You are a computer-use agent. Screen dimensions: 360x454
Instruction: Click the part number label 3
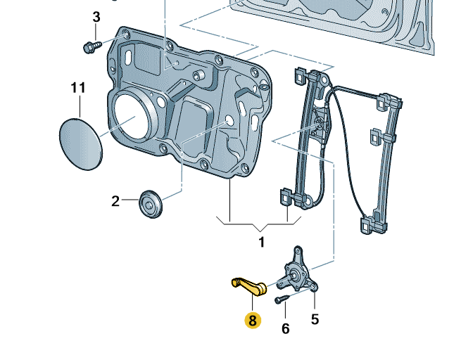click(96, 16)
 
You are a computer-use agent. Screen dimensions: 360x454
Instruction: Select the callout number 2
click(116, 202)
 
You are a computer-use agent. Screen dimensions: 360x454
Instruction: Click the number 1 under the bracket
click(261, 243)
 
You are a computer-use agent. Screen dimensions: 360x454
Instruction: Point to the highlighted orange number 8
click(252, 321)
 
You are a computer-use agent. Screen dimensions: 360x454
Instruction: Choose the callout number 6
click(286, 328)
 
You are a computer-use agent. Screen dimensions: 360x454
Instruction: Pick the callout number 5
click(315, 319)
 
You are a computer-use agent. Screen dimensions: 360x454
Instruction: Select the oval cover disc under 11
click(79, 143)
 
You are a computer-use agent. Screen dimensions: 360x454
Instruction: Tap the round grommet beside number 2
click(151, 203)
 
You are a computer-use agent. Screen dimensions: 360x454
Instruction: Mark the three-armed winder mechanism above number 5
click(300, 271)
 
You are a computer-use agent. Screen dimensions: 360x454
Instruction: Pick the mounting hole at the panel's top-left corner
click(125, 34)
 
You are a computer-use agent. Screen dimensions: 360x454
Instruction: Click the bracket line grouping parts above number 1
click(259, 224)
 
